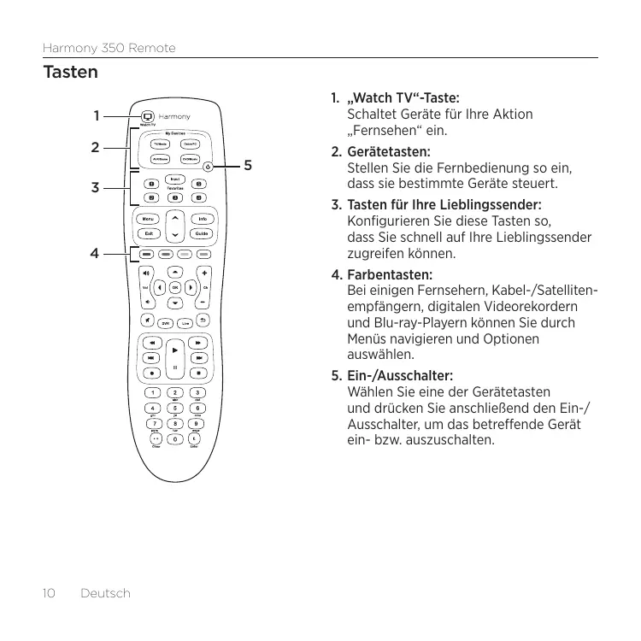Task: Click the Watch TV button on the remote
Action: point(147,116)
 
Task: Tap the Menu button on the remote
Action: point(149,219)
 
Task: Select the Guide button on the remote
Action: point(202,233)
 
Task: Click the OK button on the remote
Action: point(175,287)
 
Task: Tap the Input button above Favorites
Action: point(175,179)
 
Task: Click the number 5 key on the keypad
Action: point(175,408)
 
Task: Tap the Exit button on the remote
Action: point(149,233)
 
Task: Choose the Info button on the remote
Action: point(202,219)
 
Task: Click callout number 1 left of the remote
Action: point(97,115)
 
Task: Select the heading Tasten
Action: point(70,73)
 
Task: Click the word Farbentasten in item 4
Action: point(389,276)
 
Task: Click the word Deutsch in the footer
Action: point(105,592)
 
